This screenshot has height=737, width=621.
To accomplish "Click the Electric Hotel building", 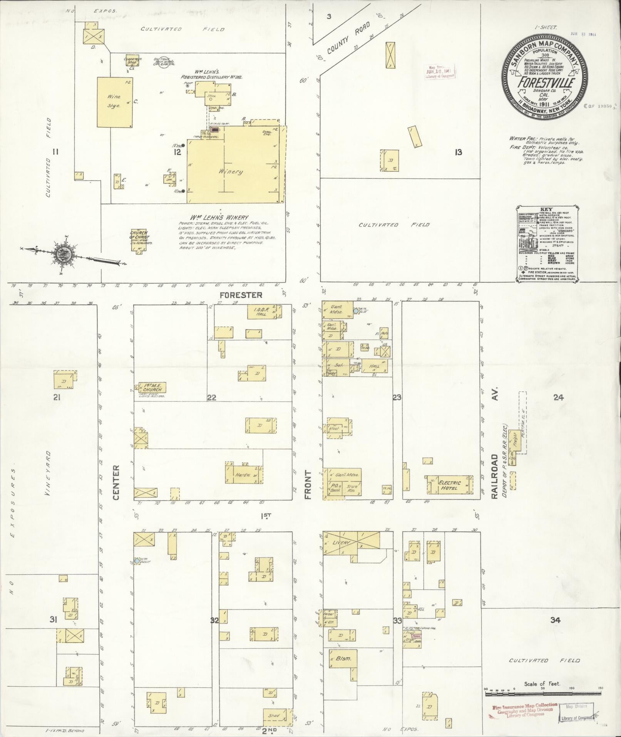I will pos(449,485).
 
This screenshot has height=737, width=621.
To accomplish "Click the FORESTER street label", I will pos(246,295).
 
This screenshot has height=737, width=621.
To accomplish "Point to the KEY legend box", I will pos(546,243).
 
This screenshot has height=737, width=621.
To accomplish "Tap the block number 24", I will pos(558,398).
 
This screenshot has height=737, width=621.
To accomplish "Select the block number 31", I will pos(54,620).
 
